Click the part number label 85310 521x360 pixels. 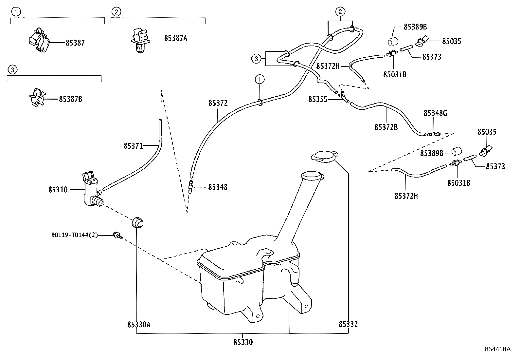point(58,190)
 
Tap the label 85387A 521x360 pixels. point(175,38)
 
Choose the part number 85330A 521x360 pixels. point(139,324)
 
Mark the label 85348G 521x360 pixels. point(435,113)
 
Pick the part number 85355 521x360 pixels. point(317,99)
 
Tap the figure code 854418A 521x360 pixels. point(497,349)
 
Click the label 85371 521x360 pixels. point(133,146)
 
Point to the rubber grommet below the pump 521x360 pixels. point(138,223)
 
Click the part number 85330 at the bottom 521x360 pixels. point(243,342)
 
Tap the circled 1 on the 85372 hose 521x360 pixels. point(260,79)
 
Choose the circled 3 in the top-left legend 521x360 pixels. point(12,69)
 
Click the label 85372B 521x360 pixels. point(386,127)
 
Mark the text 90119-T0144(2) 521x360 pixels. point(75,235)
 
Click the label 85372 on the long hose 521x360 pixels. point(218,103)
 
